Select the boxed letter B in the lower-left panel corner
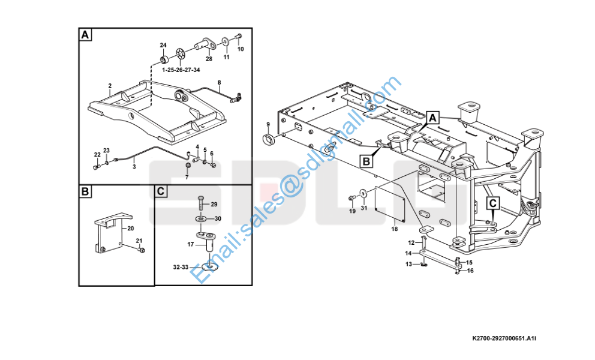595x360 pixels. [x=86, y=191]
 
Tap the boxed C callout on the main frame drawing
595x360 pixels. [x=492, y=203]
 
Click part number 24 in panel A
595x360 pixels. [x=163, y=46]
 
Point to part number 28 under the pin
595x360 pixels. [x=209, y=59]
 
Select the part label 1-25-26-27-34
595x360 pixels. [x=181, y=70]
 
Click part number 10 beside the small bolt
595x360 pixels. [x=241, y=49]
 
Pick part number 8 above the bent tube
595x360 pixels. [x=219, y=82]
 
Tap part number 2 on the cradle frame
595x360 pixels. [x=110, y=86]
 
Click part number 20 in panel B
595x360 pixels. [x=131, y=229]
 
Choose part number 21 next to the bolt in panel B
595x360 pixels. [x=139, y=241]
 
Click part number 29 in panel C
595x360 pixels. [x=214, y=205]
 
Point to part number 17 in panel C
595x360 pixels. [x=191, y=244]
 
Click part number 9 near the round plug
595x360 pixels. [x=268, y=125]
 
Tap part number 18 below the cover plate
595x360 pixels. [x=394, y=229]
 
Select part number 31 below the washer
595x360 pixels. [x=363, y=209]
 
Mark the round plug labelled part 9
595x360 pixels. [x=269, y=140]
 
